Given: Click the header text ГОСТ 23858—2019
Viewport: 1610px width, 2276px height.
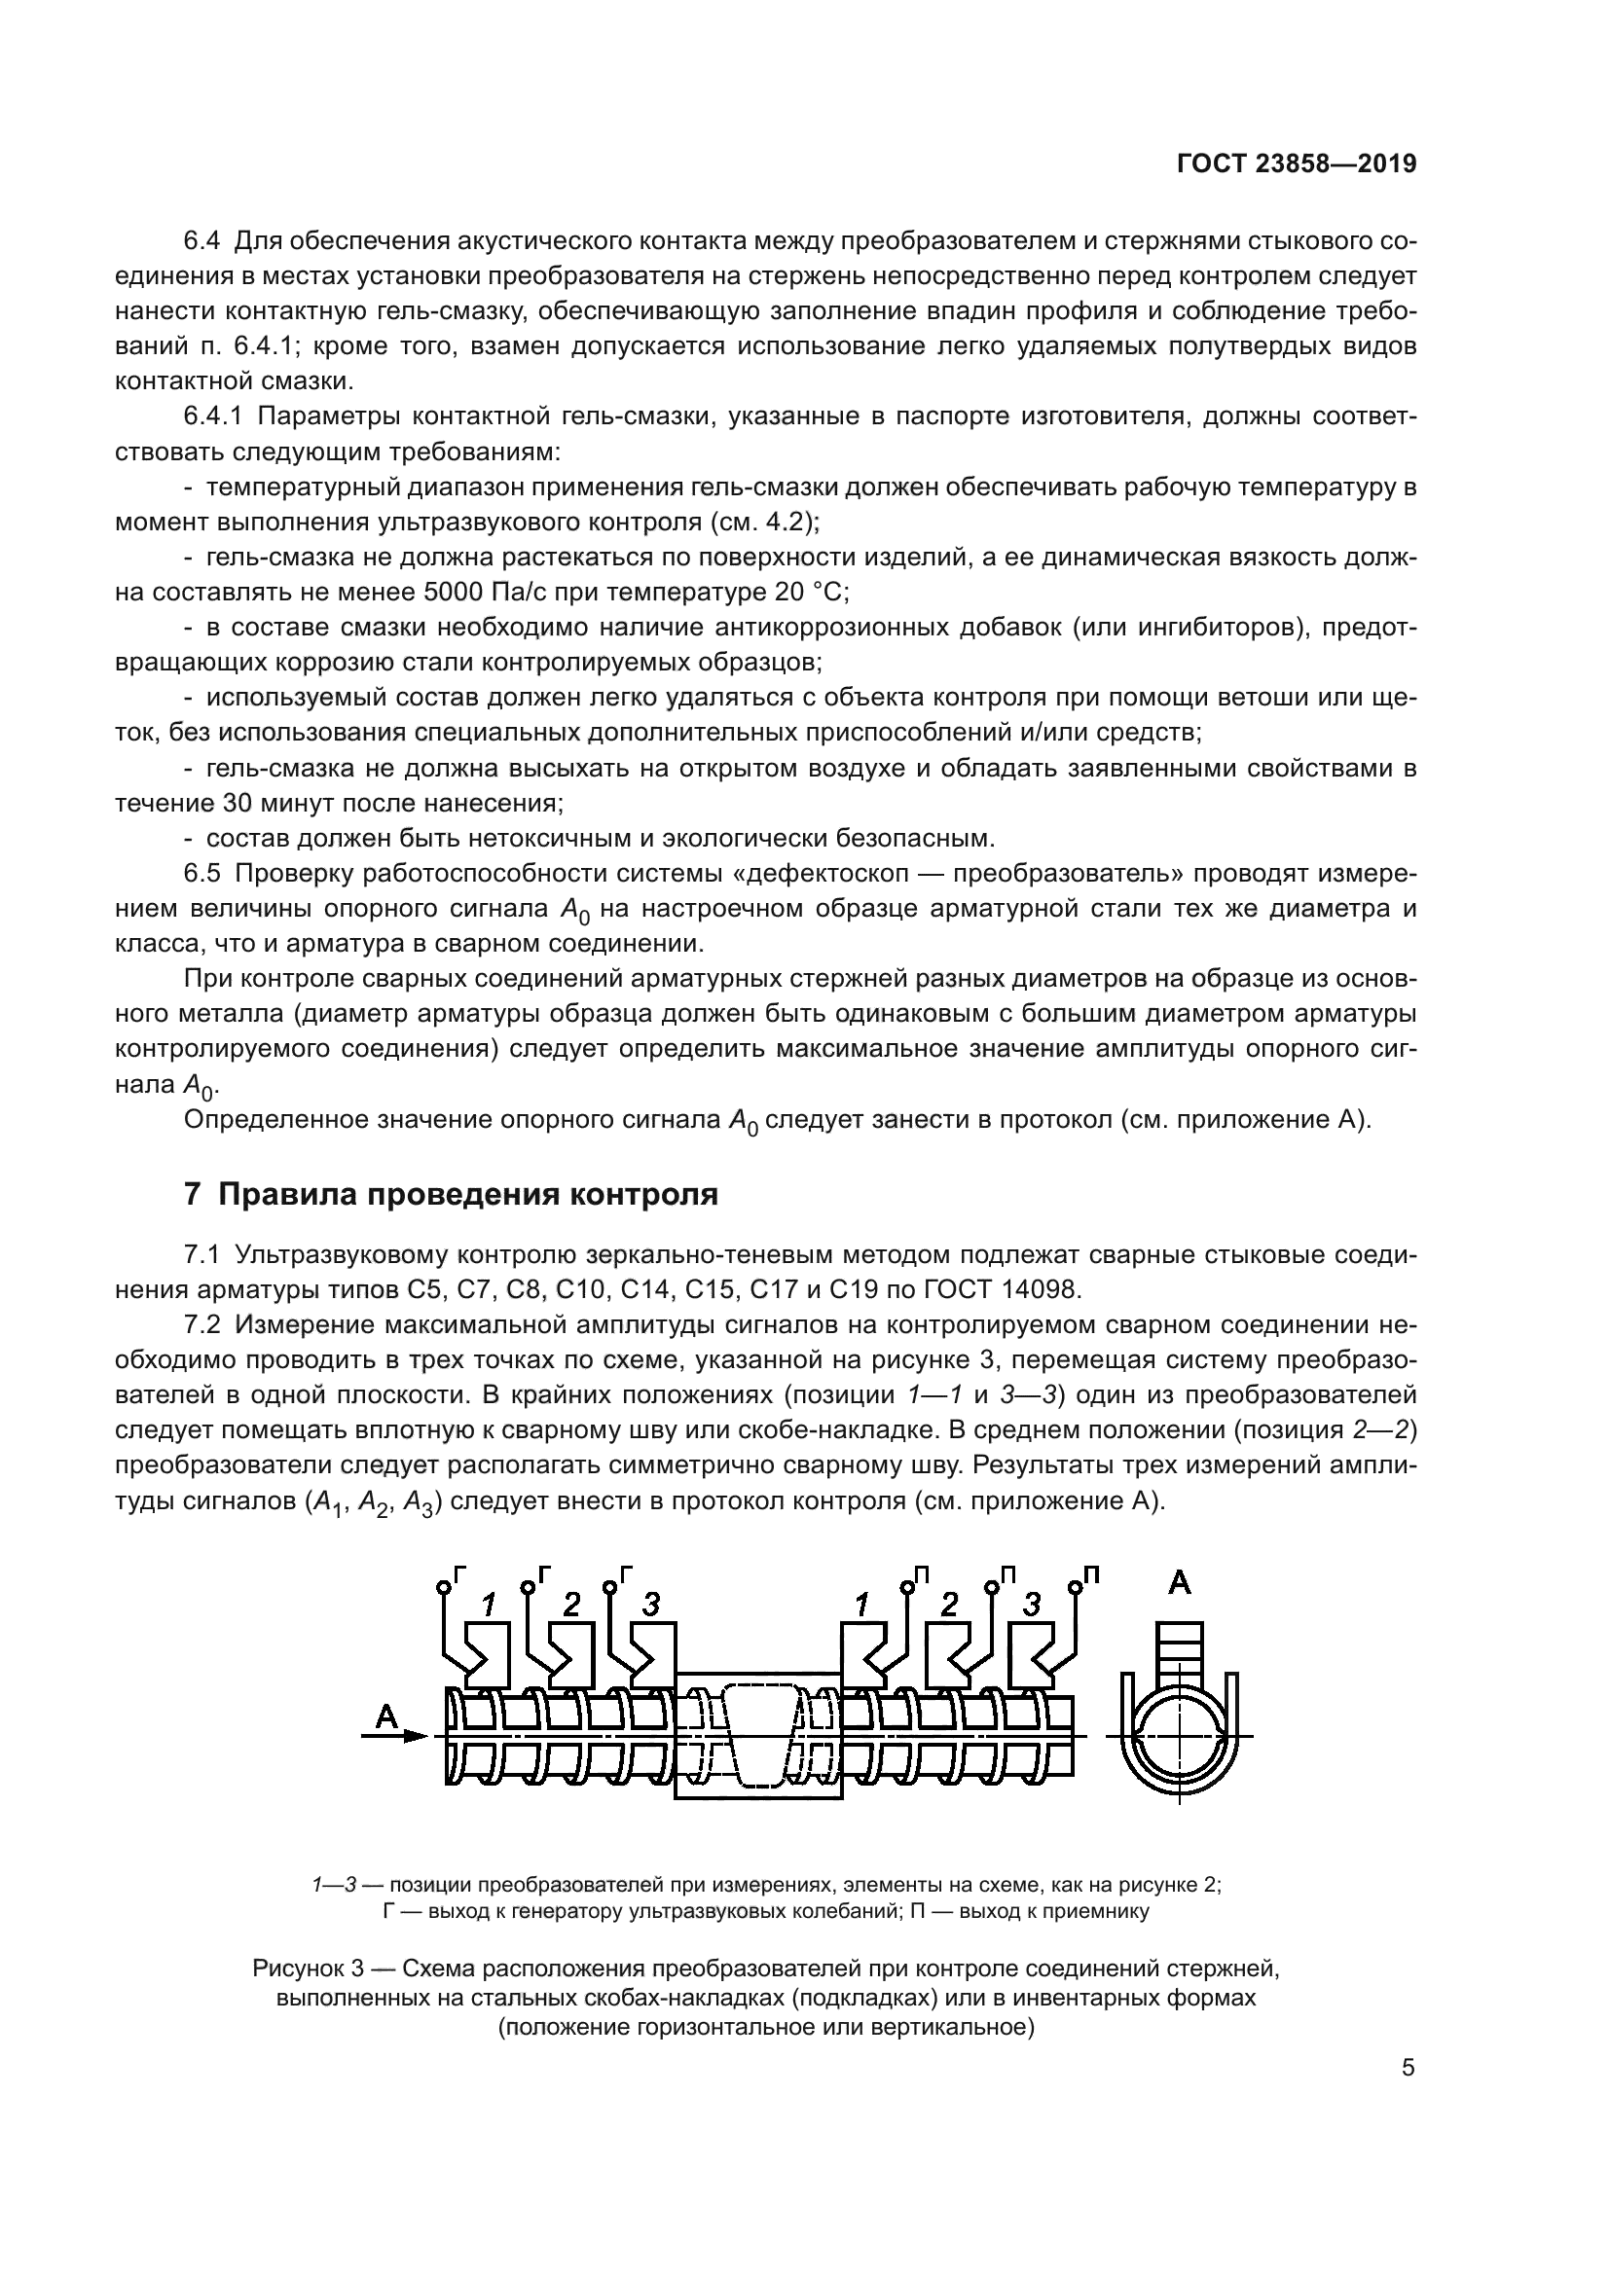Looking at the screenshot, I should coord(1296,164).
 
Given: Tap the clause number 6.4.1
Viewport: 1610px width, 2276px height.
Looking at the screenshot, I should coord(213,417).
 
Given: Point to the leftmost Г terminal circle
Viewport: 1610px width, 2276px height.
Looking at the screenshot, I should coord(442,1588).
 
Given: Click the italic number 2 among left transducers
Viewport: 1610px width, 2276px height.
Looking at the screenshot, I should coord(571,1605).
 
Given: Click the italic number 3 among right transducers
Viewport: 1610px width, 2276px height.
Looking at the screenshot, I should coord(1032,1605).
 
